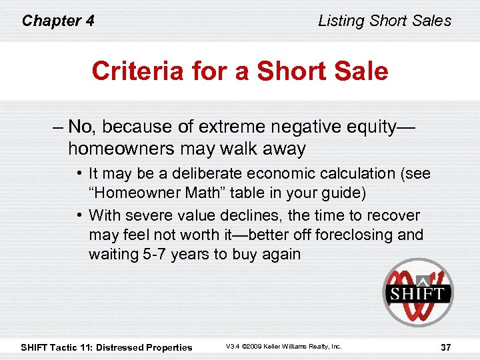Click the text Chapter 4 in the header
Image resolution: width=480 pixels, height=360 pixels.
58,21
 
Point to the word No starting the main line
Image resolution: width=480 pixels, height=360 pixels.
81,127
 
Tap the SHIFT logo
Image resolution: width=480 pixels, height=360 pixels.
417,292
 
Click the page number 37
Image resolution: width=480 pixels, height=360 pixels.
447,347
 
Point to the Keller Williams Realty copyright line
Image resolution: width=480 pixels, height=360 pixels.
283,347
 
